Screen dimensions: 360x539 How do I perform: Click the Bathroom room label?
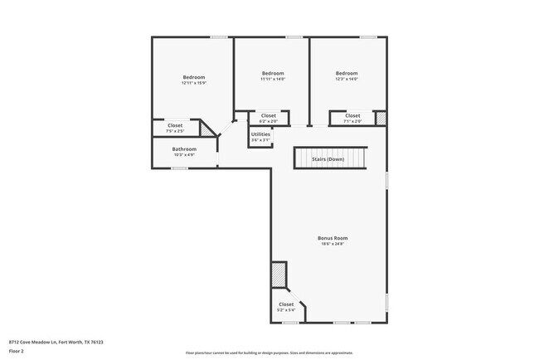click(184, 149)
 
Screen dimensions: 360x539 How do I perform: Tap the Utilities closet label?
click(260, 134)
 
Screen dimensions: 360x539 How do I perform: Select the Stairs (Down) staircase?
click(329, 158)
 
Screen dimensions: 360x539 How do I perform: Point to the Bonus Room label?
click(329, 238)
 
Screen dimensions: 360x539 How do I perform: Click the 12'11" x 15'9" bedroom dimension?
click(193, 83)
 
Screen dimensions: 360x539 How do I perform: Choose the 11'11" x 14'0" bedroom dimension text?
click(273, 79)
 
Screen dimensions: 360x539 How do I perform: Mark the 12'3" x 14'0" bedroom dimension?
click(347, 79)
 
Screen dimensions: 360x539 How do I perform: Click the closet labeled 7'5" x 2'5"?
click(175, 130)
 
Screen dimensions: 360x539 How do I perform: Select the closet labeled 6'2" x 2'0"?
click(268, 120)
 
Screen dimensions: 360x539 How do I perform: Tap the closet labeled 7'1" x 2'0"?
click(352, 120)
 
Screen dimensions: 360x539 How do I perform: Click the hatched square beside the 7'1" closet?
click(381, 119)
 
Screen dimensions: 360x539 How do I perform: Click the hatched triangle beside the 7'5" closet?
click(209, 129)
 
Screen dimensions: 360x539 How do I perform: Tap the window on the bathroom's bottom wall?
click(179, 168)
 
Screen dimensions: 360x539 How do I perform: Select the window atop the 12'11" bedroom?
click(219, 36)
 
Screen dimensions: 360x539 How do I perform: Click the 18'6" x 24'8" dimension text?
click(329, 244)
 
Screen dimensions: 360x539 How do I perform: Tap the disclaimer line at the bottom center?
click(269, 352)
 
